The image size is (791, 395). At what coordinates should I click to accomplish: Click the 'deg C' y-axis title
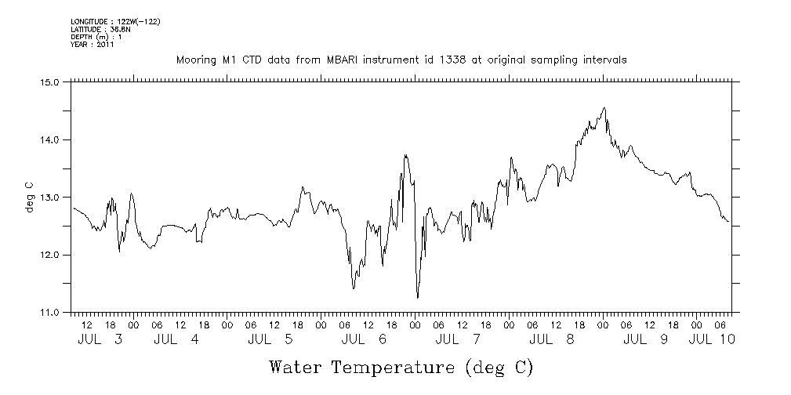[30, 197]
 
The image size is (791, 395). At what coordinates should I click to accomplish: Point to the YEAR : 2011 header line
[93, 45]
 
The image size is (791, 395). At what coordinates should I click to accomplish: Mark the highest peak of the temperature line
[604, 108]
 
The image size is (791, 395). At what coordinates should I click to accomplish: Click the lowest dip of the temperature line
[417, 298]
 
